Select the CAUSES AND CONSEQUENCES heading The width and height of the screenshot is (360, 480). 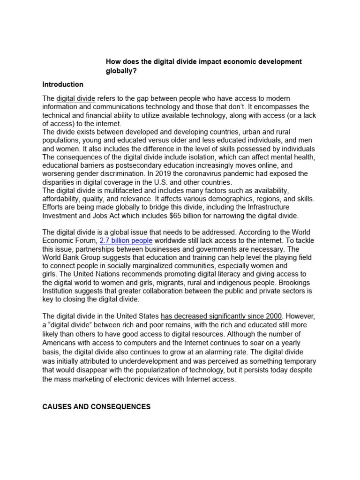96,407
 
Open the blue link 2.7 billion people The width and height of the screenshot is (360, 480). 126,240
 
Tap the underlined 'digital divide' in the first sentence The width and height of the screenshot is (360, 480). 76,98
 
